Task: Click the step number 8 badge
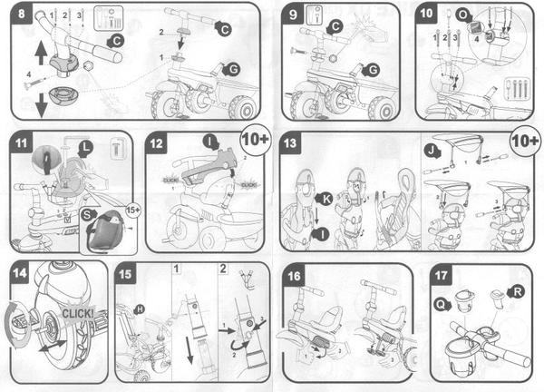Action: pyautogui.click(x=16, y=15)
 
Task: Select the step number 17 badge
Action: pyautogui.click(x=441, y=274)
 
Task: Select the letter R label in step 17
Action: pyautogui.click(x=516, y=292)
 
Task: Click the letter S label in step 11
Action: pyautogui.click(x=88, y=214)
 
